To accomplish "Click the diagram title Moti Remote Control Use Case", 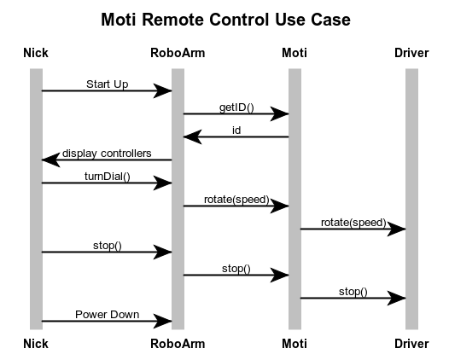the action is coord(225,20).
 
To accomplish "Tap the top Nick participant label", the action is coord(36,53).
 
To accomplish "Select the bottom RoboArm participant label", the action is coord(178,344).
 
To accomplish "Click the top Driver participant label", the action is coord(411,53).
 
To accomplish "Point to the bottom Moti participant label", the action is coord(294,344).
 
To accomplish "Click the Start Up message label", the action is coord(107,84).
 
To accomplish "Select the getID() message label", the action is coord(236,107).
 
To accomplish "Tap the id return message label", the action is coord(236,131).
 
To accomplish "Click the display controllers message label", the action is coord(107,154).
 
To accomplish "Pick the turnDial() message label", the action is coord(108,177).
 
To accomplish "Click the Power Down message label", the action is coord(107,315).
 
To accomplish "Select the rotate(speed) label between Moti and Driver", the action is coord(353,223).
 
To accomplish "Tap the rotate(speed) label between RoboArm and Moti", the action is coord(236,200).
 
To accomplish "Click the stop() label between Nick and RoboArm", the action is coord(108,246).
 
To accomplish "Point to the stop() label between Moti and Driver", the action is coord(353,292).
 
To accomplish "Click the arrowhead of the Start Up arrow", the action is coord(162,91).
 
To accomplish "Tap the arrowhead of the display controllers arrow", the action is coord(51,160).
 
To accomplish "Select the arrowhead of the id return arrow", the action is coord(193,136).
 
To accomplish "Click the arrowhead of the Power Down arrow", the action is coord(162,321).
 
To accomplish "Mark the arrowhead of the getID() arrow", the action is coord(279,114).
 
